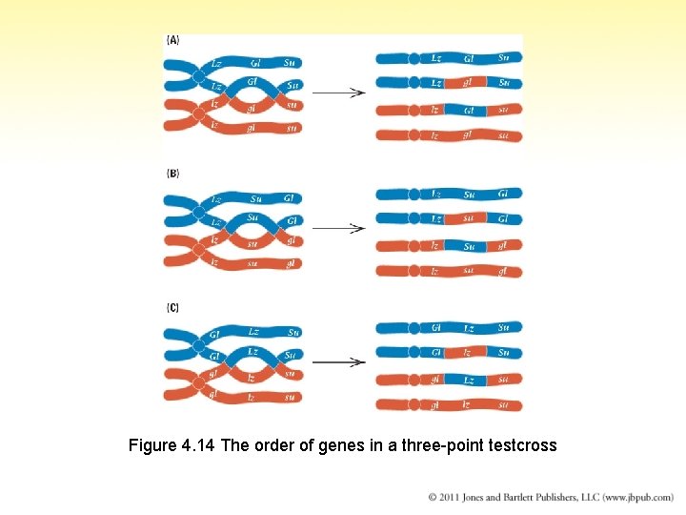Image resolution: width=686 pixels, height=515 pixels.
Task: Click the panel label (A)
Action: [x=172, y=40]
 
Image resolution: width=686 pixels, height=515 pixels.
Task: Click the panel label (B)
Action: [x=172, y=174]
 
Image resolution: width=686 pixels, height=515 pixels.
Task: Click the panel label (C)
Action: [x=172, y=307]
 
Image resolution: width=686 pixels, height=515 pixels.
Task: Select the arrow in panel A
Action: [x=339, y=93]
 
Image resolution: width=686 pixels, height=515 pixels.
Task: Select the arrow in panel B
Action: [x=339, y=228]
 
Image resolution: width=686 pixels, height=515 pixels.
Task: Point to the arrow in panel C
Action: [x=339, y=361]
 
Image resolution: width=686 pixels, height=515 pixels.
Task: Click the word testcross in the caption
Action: [x=521, y=445]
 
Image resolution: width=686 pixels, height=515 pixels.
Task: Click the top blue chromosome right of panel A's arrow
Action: [x=449, y=58]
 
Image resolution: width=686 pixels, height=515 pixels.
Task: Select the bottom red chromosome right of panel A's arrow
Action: [x=449, y=135]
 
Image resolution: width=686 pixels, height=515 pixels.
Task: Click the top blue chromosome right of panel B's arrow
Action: [x=449, y=194]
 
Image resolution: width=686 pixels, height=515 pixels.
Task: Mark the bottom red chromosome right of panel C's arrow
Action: [x=449, y=404]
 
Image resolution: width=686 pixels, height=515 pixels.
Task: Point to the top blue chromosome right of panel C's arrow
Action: [x=449, y=327]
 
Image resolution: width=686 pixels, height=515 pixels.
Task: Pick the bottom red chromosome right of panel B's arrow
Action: [x=449, y=271]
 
